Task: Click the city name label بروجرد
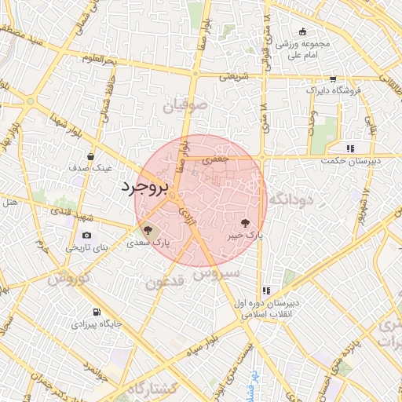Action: (x=144, y=188)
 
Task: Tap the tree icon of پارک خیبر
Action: (x=246, y=222)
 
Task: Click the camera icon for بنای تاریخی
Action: (x=86, y=235)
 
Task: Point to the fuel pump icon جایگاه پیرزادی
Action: (x=97, y=311)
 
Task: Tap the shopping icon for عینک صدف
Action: (x=92, y=156)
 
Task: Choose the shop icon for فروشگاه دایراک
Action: (x=333, y=79)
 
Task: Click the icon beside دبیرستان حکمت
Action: (x=351, y=148)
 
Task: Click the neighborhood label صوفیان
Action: (x=186, y=104)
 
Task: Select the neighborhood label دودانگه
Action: (x=291, y=201)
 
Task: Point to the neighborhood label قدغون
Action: (x=165, y=281)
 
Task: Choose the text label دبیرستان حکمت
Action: (x=349, y=161)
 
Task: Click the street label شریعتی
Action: (x=233, y=77)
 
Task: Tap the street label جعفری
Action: (x=216, y=159)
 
